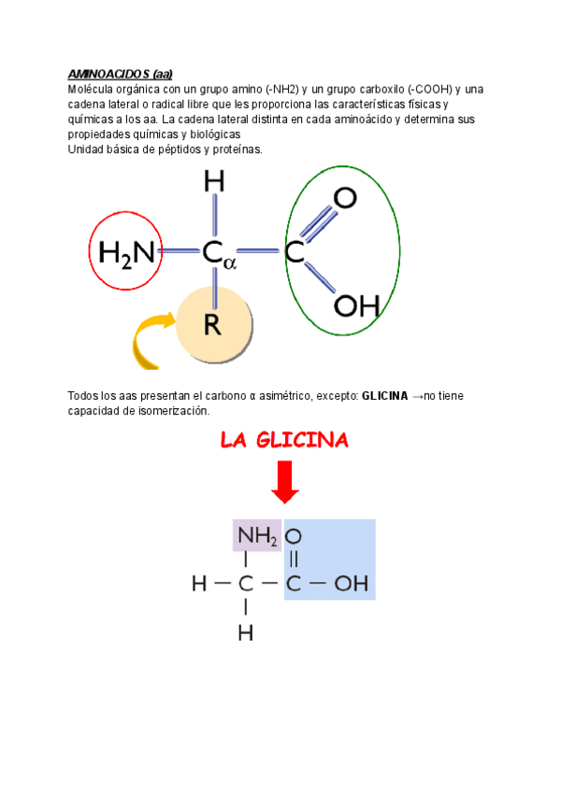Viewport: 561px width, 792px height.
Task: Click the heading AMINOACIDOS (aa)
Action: [120, 75]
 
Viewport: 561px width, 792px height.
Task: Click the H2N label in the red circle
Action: [127, 251]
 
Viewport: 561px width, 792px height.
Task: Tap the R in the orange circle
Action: [213, 325]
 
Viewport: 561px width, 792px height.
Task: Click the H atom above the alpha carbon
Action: [214, 181]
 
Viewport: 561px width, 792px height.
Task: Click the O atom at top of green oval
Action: [345, 198]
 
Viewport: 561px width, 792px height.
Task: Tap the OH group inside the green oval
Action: [356, 305]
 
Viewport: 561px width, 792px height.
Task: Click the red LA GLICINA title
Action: [284, 440]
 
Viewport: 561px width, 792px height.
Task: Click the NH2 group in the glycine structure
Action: [256, 536]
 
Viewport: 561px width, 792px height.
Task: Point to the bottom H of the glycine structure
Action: [246, 633]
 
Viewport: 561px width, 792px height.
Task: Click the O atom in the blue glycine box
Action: [294, 536]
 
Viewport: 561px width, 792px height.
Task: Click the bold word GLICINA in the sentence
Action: [384, 396]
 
